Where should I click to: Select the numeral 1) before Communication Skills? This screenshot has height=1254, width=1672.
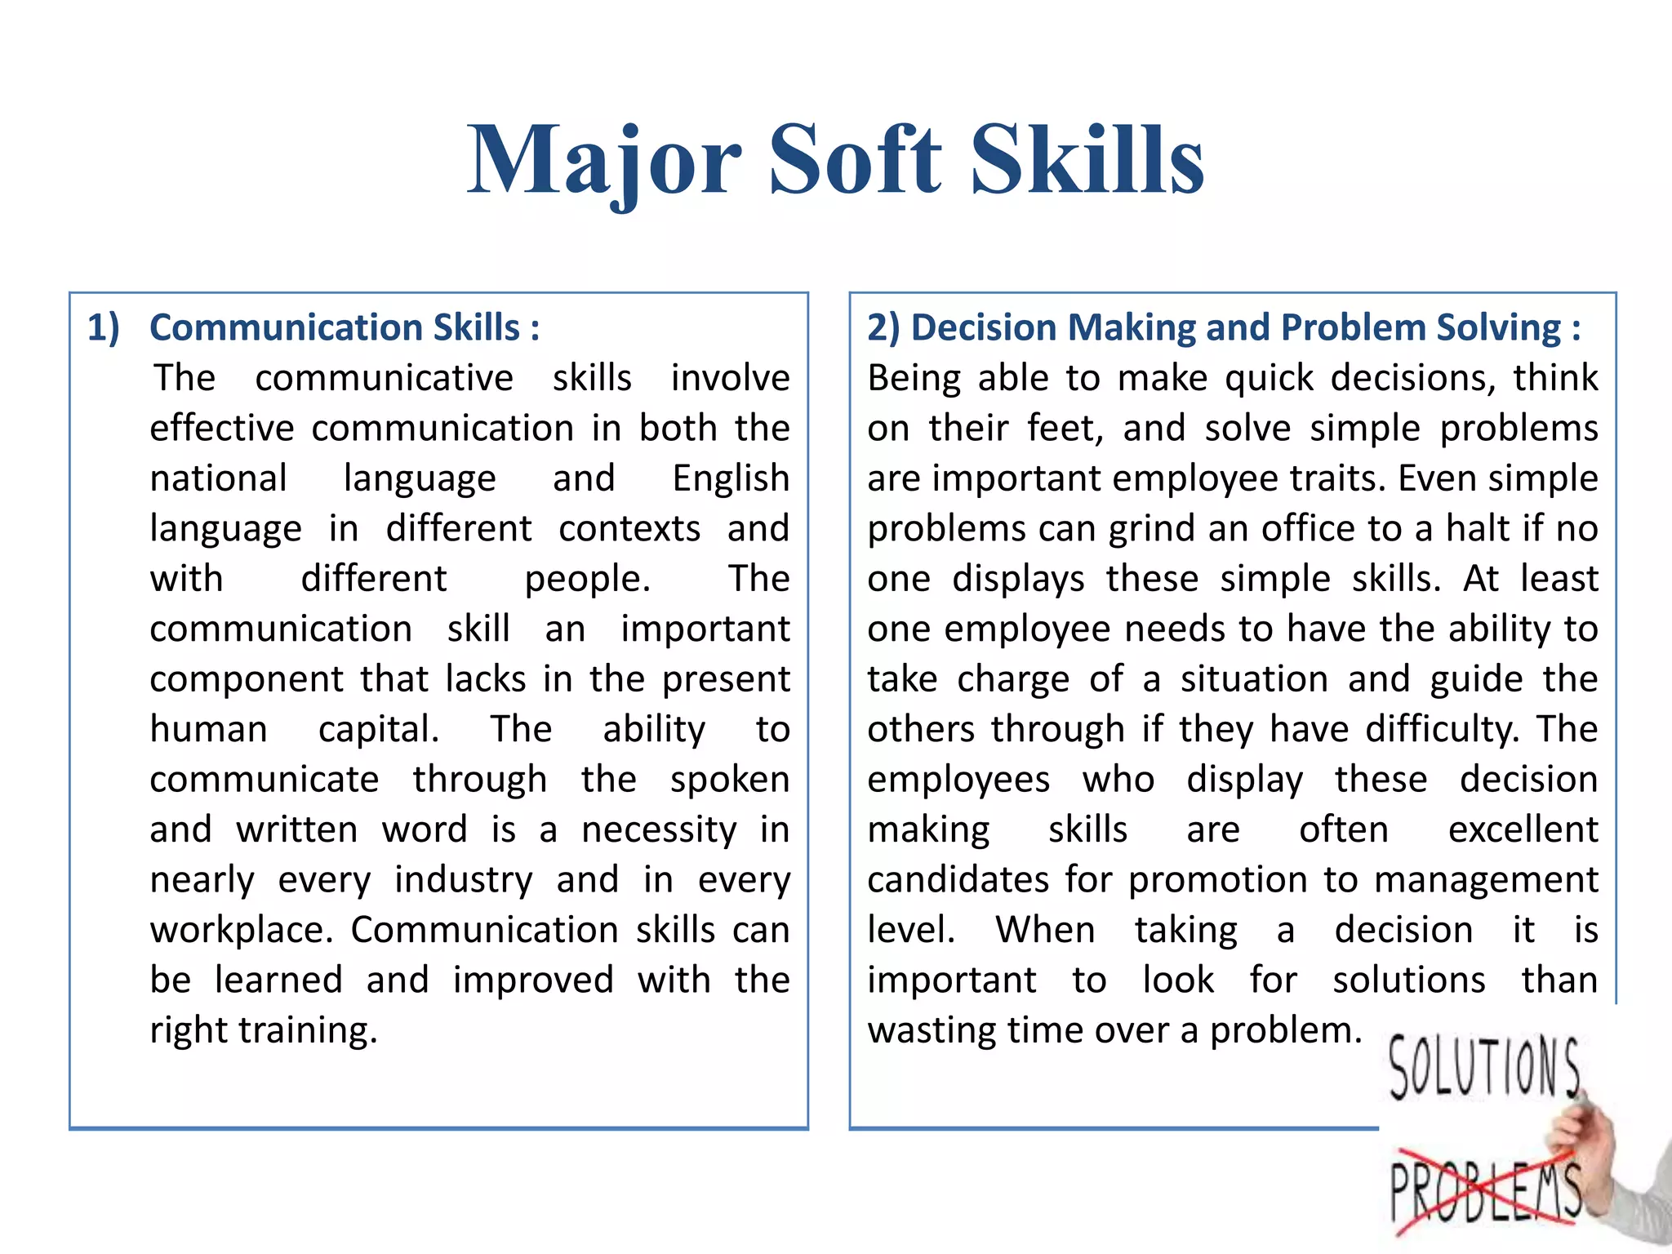[104, 327]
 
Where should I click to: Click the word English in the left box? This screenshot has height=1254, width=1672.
[731, 478]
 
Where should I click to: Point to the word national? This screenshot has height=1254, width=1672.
[218, 478]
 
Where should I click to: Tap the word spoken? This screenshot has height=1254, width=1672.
[730, 780]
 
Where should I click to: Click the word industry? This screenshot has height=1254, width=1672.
[463, 880]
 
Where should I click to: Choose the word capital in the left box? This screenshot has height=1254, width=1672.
[379, 729]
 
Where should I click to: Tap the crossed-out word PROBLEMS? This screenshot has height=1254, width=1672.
[1484, 1191]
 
